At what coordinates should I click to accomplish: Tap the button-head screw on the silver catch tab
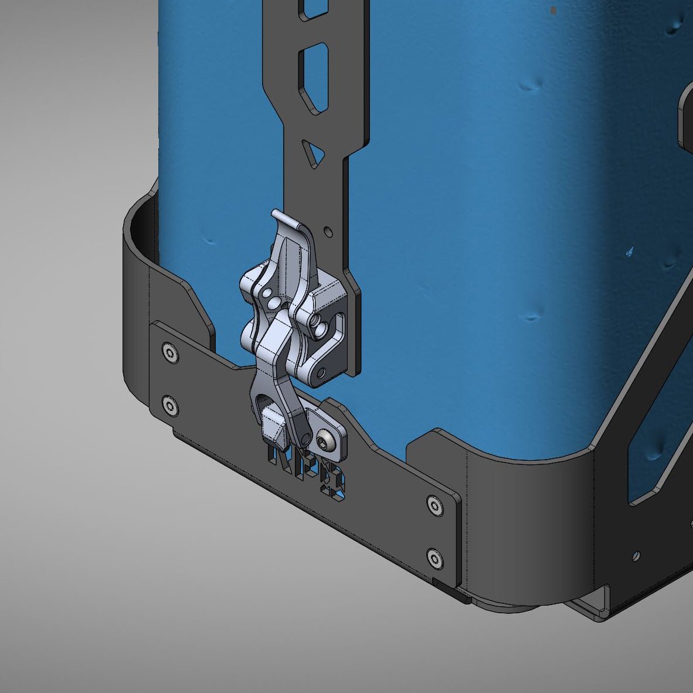tap(325, 441)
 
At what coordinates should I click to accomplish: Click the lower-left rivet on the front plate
tap(170, 405)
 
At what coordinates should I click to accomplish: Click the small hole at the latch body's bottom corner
tap(321, 372)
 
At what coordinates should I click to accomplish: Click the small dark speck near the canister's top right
tap(554, 10)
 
